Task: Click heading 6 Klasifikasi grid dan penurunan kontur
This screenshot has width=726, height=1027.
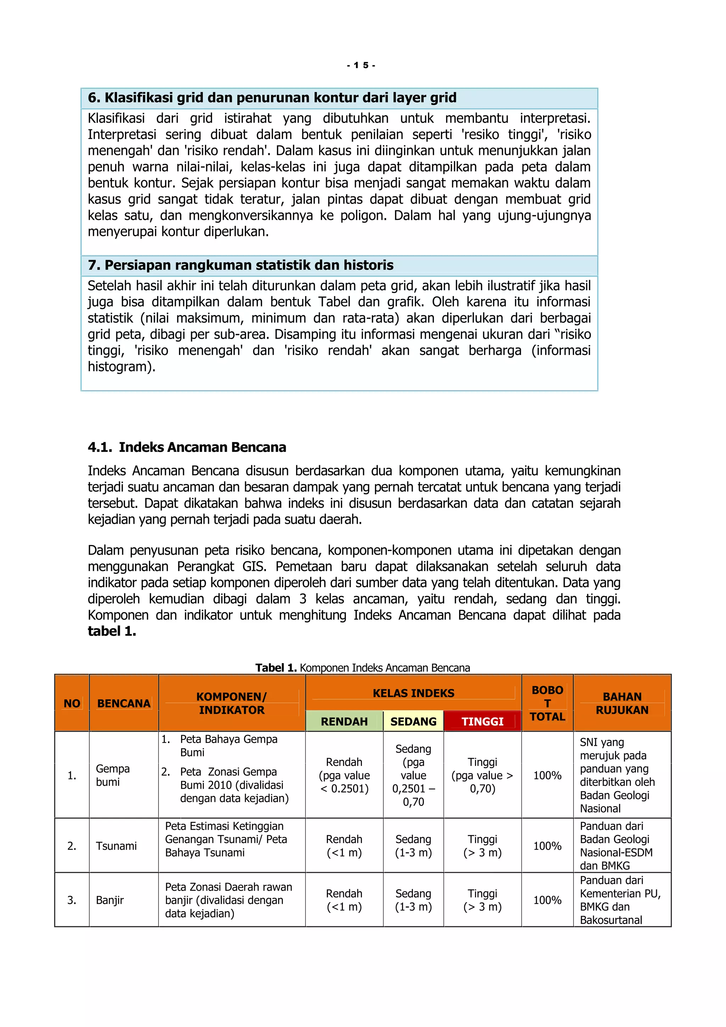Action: click(x=272, y=98)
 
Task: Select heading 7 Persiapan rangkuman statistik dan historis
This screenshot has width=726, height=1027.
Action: click(x=240, y=265)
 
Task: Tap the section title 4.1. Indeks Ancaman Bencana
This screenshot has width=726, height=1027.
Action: click(x=187, y=447)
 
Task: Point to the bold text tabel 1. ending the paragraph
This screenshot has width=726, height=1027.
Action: click(x=112, y=631)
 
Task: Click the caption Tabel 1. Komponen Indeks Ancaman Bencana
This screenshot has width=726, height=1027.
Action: click(x=363, y=668)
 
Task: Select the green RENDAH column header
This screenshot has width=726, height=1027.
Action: click(x=344, y=722)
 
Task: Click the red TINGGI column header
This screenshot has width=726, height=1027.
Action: click(x=482, y=722)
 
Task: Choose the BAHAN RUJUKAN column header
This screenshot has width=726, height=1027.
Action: click(x=622, y=703)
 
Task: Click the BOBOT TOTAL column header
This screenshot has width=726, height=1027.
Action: click(x=547, y=703)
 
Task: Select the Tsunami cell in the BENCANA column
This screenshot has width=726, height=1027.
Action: click(x=116, y=846)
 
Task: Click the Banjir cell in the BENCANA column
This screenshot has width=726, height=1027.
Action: click(x=110, y=900)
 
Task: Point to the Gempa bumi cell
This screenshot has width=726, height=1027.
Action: click(x=113, y=775)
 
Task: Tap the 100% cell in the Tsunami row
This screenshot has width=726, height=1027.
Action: click(x=547, y=846)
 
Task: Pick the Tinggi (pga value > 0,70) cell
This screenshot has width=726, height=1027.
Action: click(x=482, y=775)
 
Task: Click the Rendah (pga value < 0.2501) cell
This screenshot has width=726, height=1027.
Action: click(x=344, y=775)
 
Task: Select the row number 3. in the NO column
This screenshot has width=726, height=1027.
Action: click(x=72, y=900)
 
